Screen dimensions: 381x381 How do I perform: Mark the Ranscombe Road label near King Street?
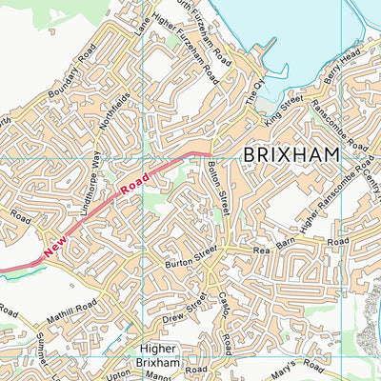tap(343, 128)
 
